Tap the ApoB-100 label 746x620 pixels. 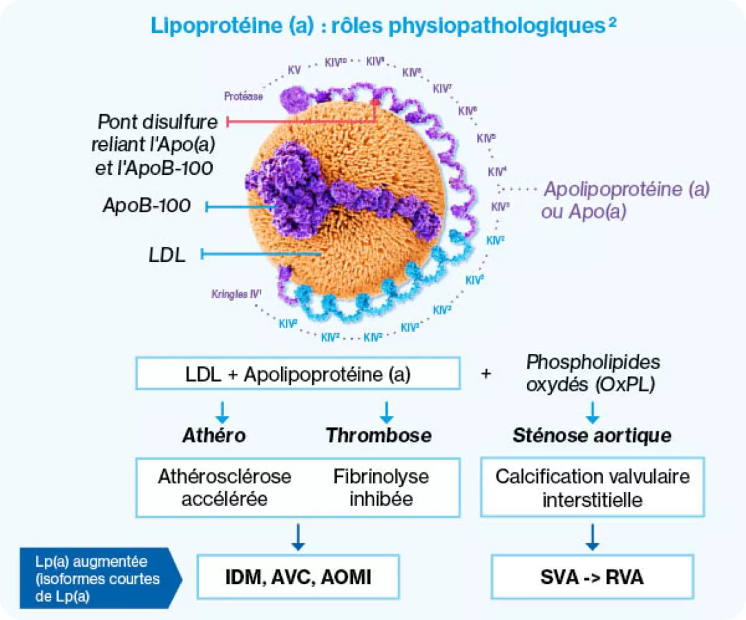tap(146, 205)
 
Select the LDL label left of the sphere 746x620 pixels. tap(167, 254)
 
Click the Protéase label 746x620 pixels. tap(243, 97)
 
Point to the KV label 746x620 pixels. tap(294, 71)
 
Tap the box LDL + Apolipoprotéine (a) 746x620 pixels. tap(298, 374)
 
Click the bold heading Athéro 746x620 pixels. tap(214, 435)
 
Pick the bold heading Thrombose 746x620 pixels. tap(379, 435)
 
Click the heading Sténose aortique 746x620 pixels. tap(592, 436)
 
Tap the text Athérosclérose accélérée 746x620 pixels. tap(224, 487)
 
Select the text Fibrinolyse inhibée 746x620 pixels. tap(381, 487)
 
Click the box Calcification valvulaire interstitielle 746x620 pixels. tap(592, 487)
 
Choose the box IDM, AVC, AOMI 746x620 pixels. tap(298, 576)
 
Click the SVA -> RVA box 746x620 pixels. tap(593, 576)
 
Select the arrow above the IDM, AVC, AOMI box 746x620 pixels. tap(298, 536)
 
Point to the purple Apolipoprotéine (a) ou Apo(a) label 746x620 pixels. tap(627, 200)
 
